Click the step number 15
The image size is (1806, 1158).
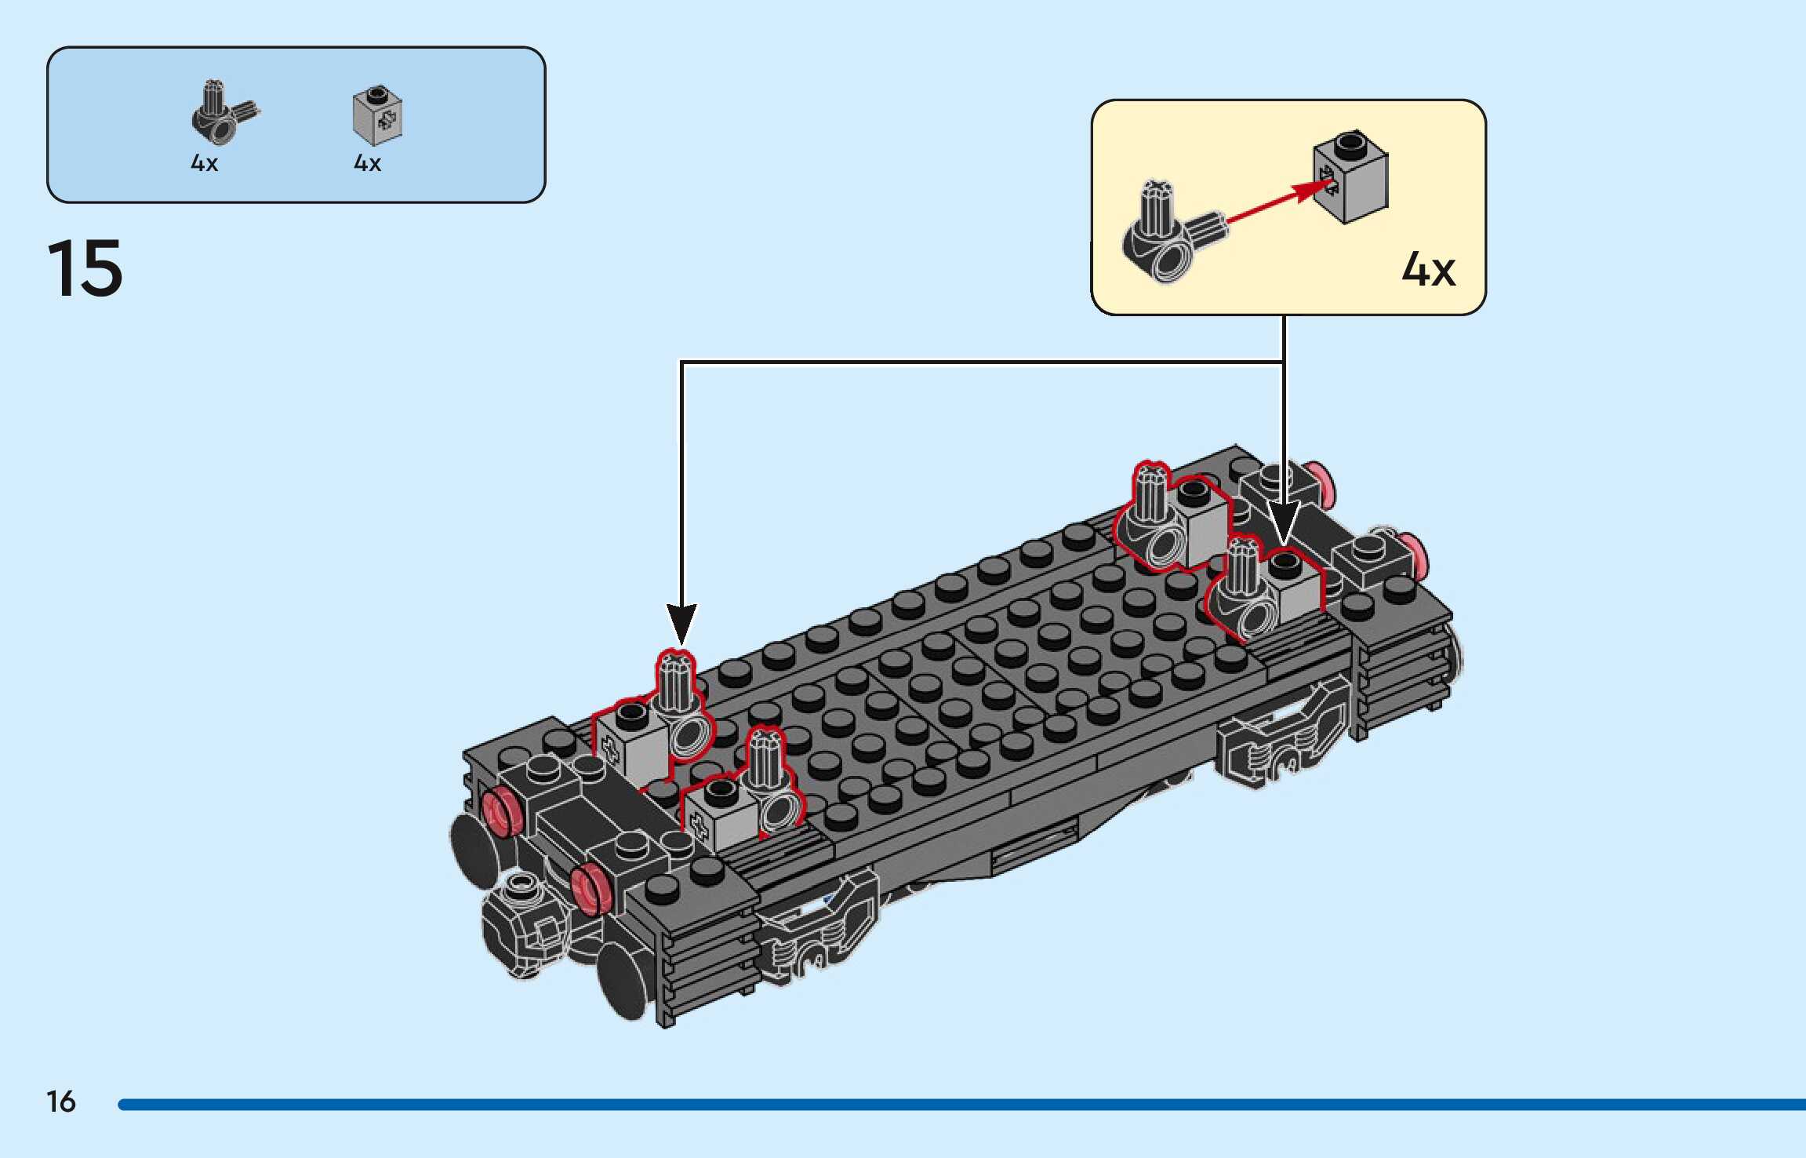(85, 268)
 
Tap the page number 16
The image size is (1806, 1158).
(61, 1102)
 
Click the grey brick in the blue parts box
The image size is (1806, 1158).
(377, 116)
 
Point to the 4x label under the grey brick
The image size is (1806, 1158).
(367, 163)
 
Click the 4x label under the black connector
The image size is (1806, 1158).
(204, 163)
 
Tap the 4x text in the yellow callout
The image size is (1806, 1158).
(1428, 270)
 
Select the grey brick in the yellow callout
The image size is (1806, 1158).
(1350, 177)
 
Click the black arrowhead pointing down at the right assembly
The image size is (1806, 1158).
(1284, 521)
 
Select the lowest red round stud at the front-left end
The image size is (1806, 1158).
(590, 889)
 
